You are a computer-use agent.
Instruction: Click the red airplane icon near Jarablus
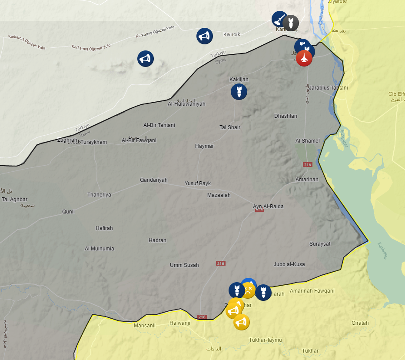click(304, 58)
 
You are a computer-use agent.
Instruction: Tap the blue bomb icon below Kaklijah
click(239, 91)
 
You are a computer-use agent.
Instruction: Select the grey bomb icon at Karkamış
click(291, 23)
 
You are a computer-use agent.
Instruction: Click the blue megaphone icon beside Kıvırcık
click(204, 36)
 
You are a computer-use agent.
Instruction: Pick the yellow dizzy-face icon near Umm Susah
click(248, 290)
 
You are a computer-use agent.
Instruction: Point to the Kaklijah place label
click(239, 80)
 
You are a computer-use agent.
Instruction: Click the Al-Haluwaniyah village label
click(186, 104)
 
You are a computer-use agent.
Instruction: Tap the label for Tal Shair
click(229, 127)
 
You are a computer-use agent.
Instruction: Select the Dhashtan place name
click(285, 116)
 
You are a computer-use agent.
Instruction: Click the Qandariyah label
click(153, 180)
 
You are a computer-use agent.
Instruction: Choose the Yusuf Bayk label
click(198, 183)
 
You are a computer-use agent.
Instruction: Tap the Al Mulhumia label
click(99, 249)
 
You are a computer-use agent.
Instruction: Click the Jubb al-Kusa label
click(289, 264)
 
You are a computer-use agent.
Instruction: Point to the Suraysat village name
click(320, 244)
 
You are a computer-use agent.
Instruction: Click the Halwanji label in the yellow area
click(179, 323)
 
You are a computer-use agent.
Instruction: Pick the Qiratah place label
click(360, 323)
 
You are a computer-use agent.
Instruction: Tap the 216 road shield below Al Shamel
click(308, 164)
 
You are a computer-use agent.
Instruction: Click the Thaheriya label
click(99, 195)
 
